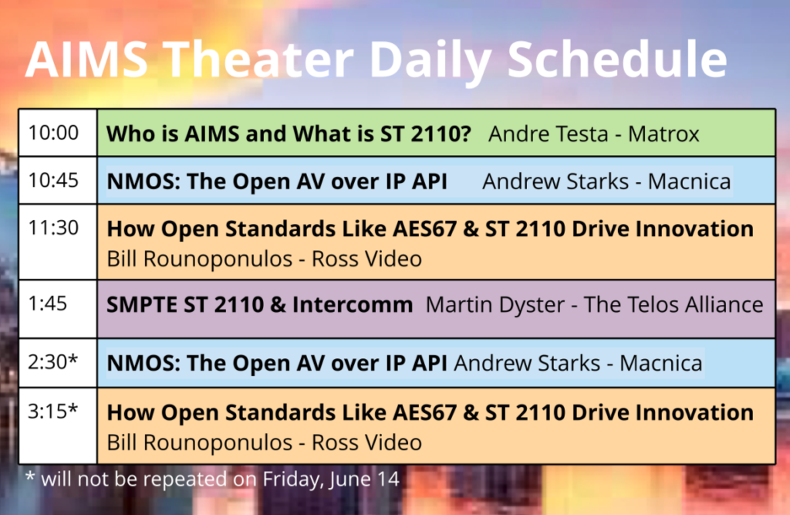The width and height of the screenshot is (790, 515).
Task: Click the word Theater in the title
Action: pos(259,59)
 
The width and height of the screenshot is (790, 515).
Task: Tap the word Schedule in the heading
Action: pos(617,59)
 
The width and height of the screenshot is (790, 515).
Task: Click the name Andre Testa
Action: pos(549,134)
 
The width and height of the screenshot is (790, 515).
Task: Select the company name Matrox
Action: pos(663,134)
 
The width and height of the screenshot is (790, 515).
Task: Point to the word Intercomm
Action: pos(353,305)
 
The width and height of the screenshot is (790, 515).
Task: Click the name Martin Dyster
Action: pos(495,305)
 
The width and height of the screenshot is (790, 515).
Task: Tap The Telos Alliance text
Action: pos(674,305)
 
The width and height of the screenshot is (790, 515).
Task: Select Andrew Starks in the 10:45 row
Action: pos(555,181)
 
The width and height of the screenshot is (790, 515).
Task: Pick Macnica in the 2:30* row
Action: pos(660,363)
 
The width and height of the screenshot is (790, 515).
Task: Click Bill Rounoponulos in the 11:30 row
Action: pos(200,259)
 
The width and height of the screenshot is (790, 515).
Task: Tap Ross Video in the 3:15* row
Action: pos(366,442)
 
